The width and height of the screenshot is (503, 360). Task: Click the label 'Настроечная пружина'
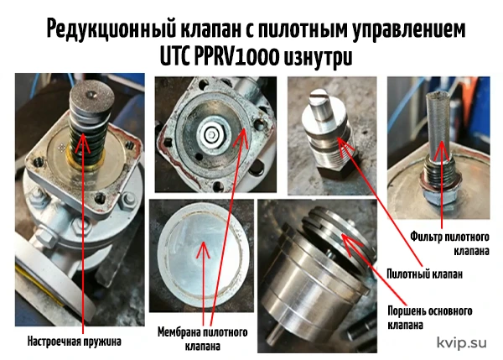point(74,342)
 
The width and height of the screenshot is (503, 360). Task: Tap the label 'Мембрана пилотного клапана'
point(202,339)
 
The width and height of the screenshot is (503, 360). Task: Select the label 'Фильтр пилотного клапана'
point(449,243)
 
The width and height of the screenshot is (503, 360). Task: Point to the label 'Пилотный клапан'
point(424,274)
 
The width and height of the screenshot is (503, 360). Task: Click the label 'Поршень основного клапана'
point(430,318)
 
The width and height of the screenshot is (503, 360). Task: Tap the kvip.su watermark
point(462,342)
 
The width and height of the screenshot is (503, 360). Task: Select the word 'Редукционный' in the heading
point(111,29)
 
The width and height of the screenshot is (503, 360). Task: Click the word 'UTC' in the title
point(175,57)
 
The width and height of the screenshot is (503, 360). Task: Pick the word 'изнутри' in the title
point(318,58)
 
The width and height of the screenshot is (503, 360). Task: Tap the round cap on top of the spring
point(92,97)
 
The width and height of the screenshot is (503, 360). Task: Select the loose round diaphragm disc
point(204,256)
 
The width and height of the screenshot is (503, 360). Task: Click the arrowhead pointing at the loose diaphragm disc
point(203,248)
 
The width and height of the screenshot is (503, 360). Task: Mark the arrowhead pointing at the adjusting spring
point(83,141)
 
